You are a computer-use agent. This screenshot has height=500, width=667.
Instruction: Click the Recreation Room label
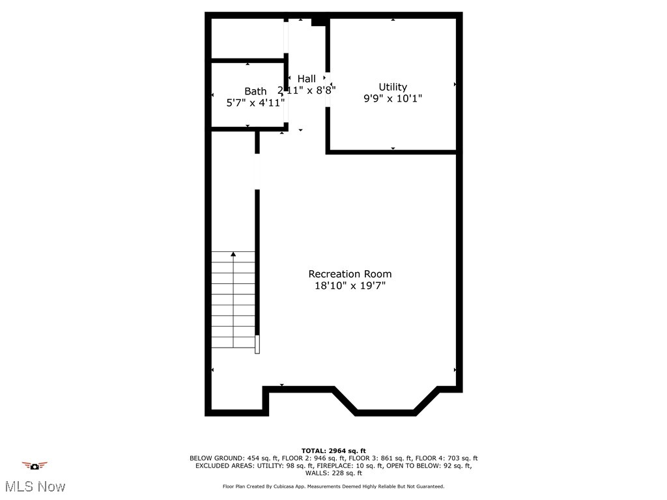(x=350, y=274)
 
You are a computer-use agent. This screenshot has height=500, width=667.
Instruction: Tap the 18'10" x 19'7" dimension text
(x=350, y=286)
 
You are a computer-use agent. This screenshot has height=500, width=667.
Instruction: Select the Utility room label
(x=393, y=87)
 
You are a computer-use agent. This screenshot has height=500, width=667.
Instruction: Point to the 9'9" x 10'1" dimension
(x=393, y=98)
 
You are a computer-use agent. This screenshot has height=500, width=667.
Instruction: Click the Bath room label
(x=255, y=91)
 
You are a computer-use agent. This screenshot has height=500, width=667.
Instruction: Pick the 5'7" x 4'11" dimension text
(x=255, y=102)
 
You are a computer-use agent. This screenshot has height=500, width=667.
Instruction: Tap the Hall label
(x=307, y=79)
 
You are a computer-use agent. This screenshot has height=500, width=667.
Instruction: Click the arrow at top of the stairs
(x=233, y=254)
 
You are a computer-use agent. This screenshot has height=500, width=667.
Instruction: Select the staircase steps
(x=233, y=299)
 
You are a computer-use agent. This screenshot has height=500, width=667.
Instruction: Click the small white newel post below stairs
(x=257, y=344)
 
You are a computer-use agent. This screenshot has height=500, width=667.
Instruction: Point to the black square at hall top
(x=318, y=22)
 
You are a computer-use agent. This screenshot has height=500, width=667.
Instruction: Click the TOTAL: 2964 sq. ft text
(x=333, y=451)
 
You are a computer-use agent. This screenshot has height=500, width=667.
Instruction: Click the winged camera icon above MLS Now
(x=35, y=465)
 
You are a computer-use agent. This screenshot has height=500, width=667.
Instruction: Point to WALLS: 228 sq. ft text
(x=333, y=473)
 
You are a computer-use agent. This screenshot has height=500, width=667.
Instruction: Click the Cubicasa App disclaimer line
(x=333, y=486)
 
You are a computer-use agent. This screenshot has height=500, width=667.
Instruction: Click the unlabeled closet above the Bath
(x=248, y=38)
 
